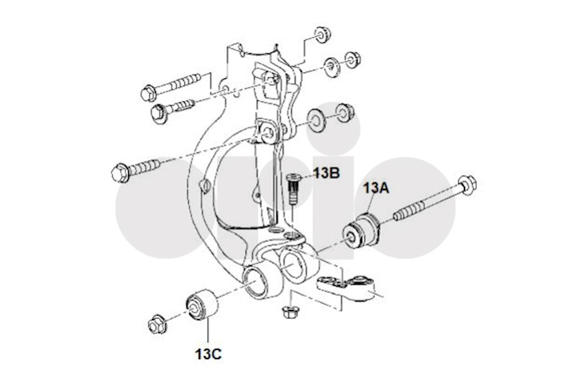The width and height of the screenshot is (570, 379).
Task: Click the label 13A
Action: tap(377, 188)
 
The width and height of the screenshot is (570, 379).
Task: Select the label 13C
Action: tap(208, 354)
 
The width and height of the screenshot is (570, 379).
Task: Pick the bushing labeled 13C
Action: tap(201, 305)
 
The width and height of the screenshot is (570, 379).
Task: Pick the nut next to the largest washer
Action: tap(344, 112)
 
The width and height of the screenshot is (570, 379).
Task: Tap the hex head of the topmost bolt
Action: tap(148, 92)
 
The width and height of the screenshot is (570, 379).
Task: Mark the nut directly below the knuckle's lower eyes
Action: tap(291, 312)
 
